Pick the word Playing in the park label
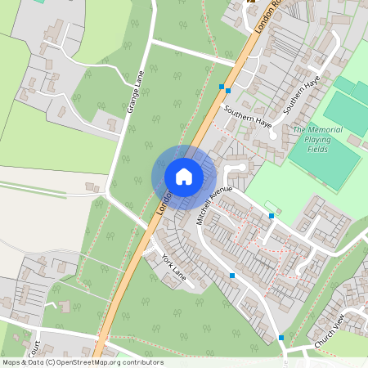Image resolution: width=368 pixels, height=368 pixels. (x=317, y=140)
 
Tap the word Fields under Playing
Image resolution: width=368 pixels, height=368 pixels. (x=318, y=150)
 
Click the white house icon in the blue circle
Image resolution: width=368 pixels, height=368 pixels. (x=184, y=176)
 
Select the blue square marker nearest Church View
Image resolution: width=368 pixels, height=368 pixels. (x=281, y=337)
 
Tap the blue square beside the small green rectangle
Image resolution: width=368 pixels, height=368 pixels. (x=272, y=216)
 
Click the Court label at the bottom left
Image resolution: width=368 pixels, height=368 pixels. (x=34, y=348)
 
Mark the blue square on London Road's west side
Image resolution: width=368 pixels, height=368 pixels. (x=221, y=85)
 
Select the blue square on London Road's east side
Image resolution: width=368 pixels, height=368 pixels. (x=228, y=90)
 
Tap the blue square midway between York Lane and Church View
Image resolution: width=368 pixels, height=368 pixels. (x=233, y=276)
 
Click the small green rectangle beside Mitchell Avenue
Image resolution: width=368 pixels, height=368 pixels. (x=272, y=206)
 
